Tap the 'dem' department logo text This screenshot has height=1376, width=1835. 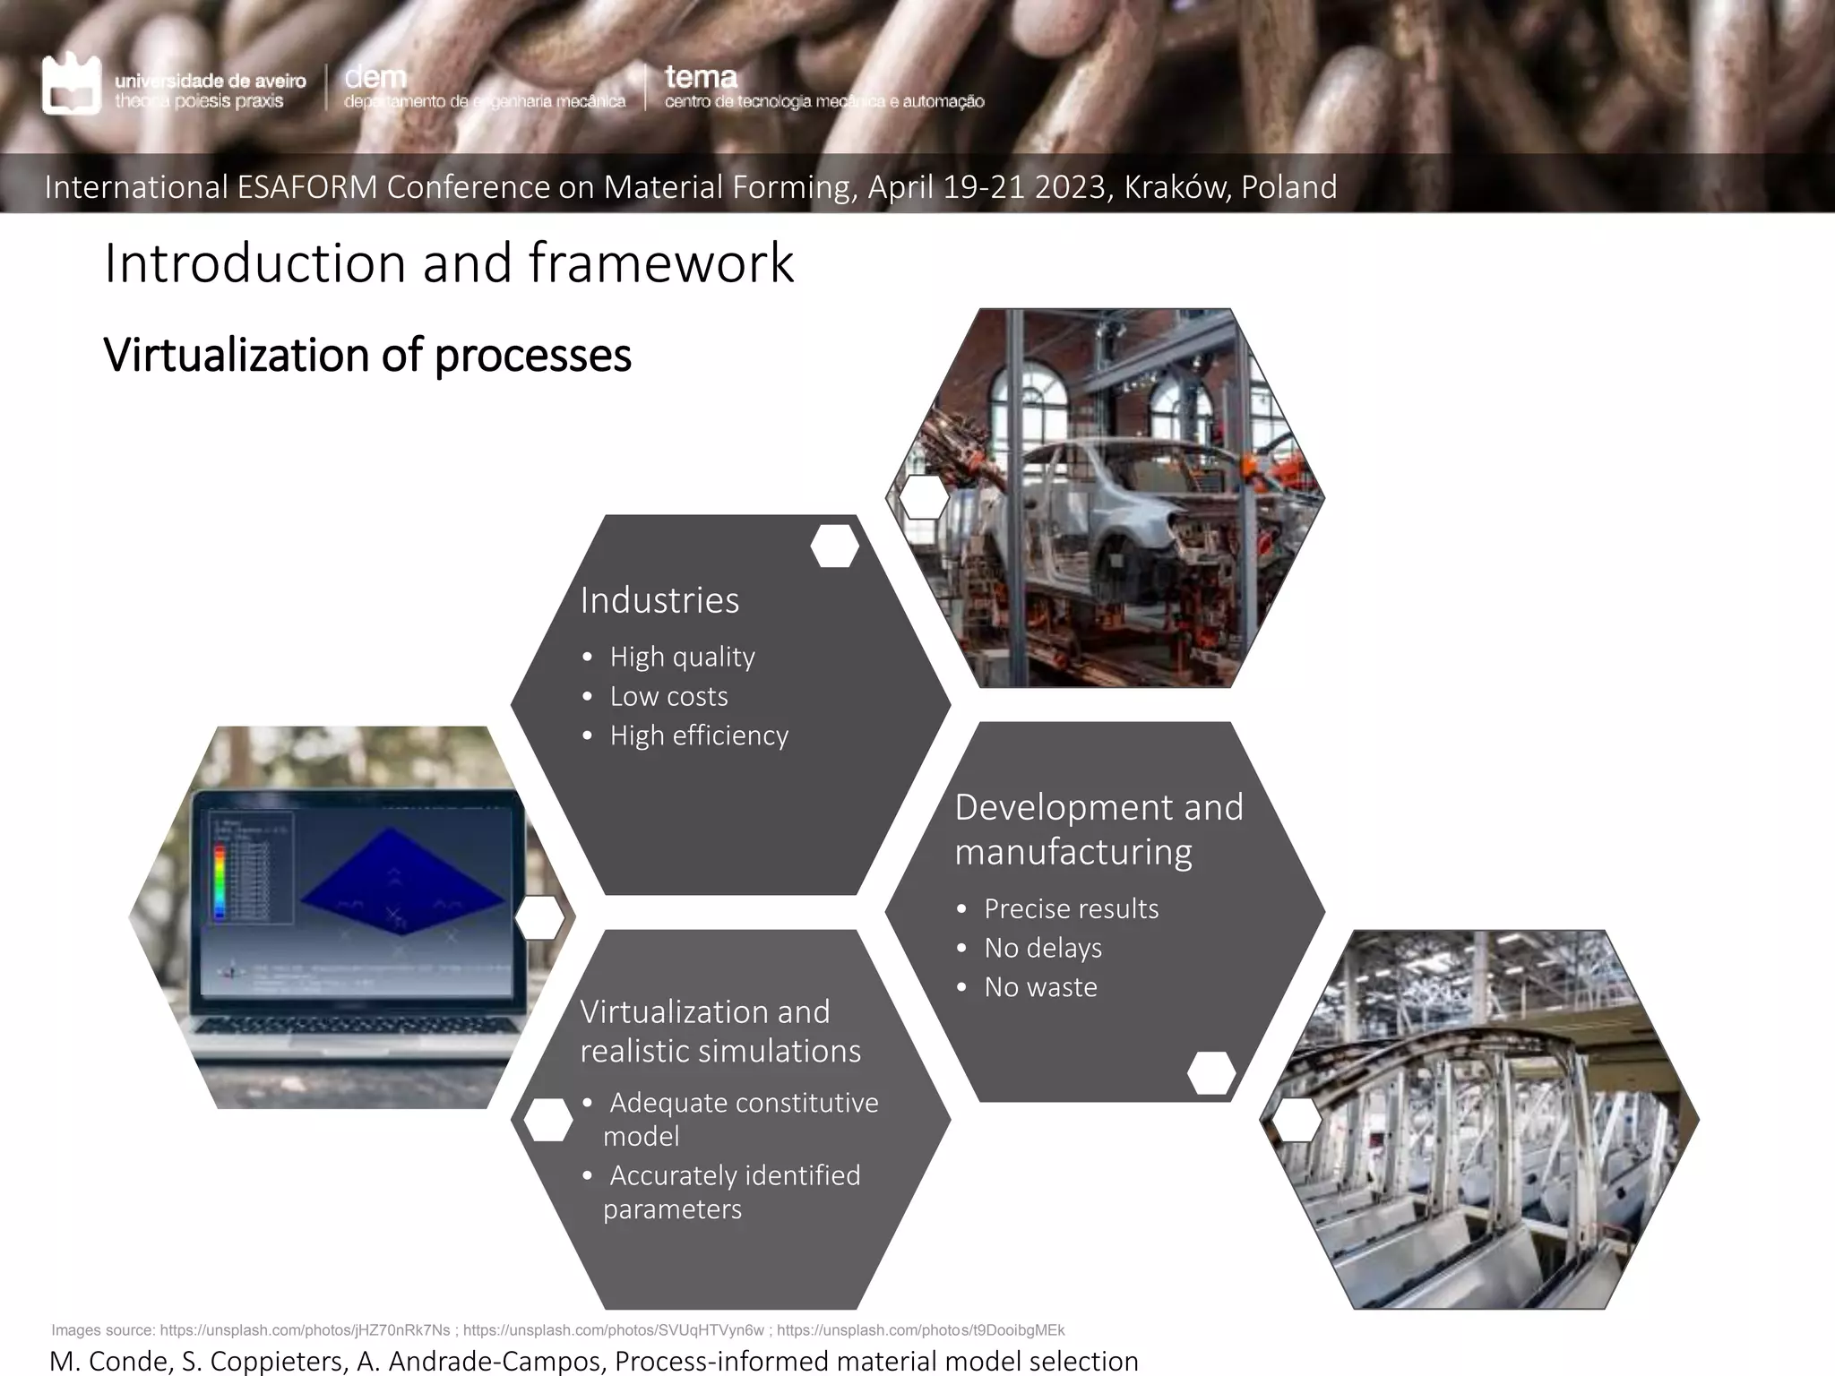pyautogui.click(x=375, y=78)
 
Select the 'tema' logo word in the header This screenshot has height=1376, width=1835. pyautogui.click(x=701, y=78)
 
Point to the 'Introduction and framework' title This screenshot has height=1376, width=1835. pyautogui.click(x=449, y=263)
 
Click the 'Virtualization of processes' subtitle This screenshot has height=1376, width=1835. pyautogui.click(x=367, y=355)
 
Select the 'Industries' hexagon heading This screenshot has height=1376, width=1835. pyautogui.click(x=659, y=600)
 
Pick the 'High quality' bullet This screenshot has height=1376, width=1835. pyautogui.click(x=682, y=657)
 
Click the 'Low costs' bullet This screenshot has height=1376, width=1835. pyautogui.click(x=668, y=696)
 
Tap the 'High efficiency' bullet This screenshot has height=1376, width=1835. pyautogui.click(x=699, y=735)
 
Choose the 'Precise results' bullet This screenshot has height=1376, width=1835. pyautogui.click(x=1071, y=908)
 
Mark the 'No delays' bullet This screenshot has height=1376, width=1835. pyautogui.click(x=1043, y=948)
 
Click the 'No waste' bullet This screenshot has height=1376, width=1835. pyautogui.click(x=1040, y=987)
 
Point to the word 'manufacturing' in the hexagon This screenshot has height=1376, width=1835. pyautogui.click(x=1073, y=852)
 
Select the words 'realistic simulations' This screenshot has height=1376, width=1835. pyautogui.click(x=720, y=1051)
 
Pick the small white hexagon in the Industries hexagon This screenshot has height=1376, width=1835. pyautogui.click(x=834, y=546)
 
